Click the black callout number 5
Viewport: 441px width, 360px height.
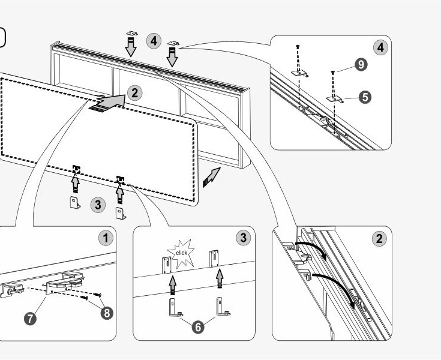[364, 96]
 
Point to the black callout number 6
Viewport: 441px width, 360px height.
[197, 327]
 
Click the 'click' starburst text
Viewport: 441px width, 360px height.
[181, 253]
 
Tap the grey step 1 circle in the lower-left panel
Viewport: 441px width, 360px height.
[106, 238]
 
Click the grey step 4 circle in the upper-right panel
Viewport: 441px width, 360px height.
[379, 47]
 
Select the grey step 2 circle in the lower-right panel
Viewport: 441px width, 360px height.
[379, 239]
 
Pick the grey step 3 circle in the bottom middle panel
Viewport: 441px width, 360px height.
[242, 238]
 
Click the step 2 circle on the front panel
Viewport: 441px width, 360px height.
[135, 93]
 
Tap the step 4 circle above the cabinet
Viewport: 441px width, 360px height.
[154, 41]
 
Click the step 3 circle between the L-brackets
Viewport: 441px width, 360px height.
[98, 204]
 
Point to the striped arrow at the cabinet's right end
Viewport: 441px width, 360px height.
[211, 178]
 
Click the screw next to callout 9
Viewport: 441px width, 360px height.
[333, 72]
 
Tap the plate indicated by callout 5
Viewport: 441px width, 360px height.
[334, 97]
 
